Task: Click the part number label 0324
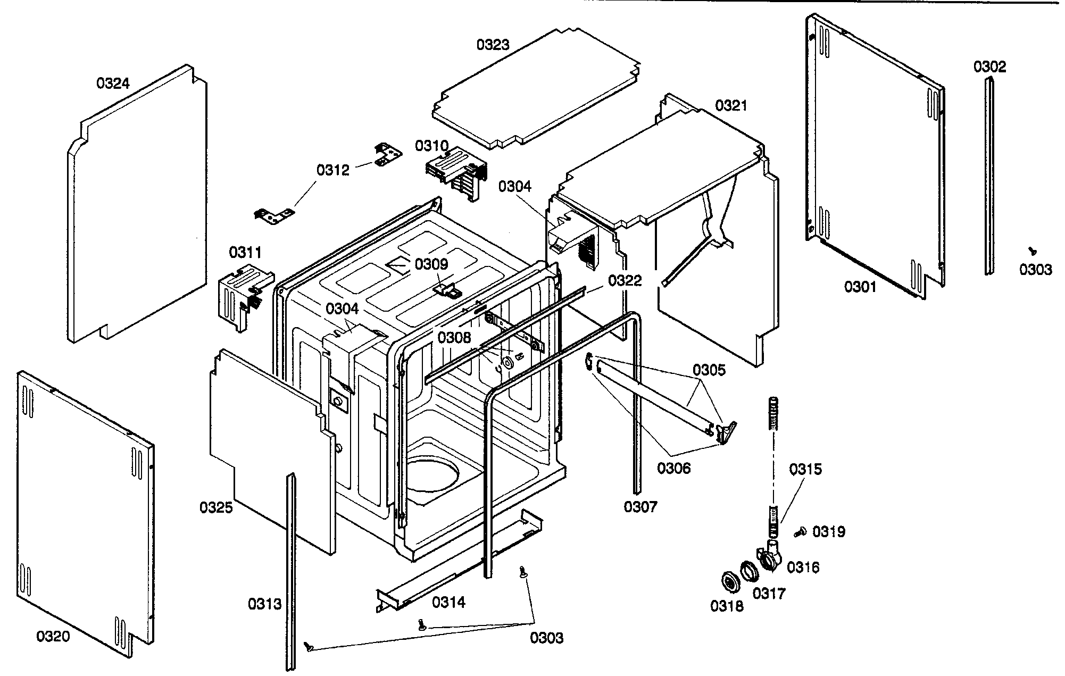(113, 84)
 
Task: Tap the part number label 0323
(493, 45)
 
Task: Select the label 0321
(731, 106)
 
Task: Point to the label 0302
(990, 67)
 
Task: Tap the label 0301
(860, 287)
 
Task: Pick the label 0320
(53, 636)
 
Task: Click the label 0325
(217, 507)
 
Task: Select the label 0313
(264, 604)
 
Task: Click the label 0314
(448, 602)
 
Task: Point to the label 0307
(640, 507)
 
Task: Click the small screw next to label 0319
(800, 531)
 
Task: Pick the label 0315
(805, 469)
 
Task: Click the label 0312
(333, 170)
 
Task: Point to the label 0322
(625, 280)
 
